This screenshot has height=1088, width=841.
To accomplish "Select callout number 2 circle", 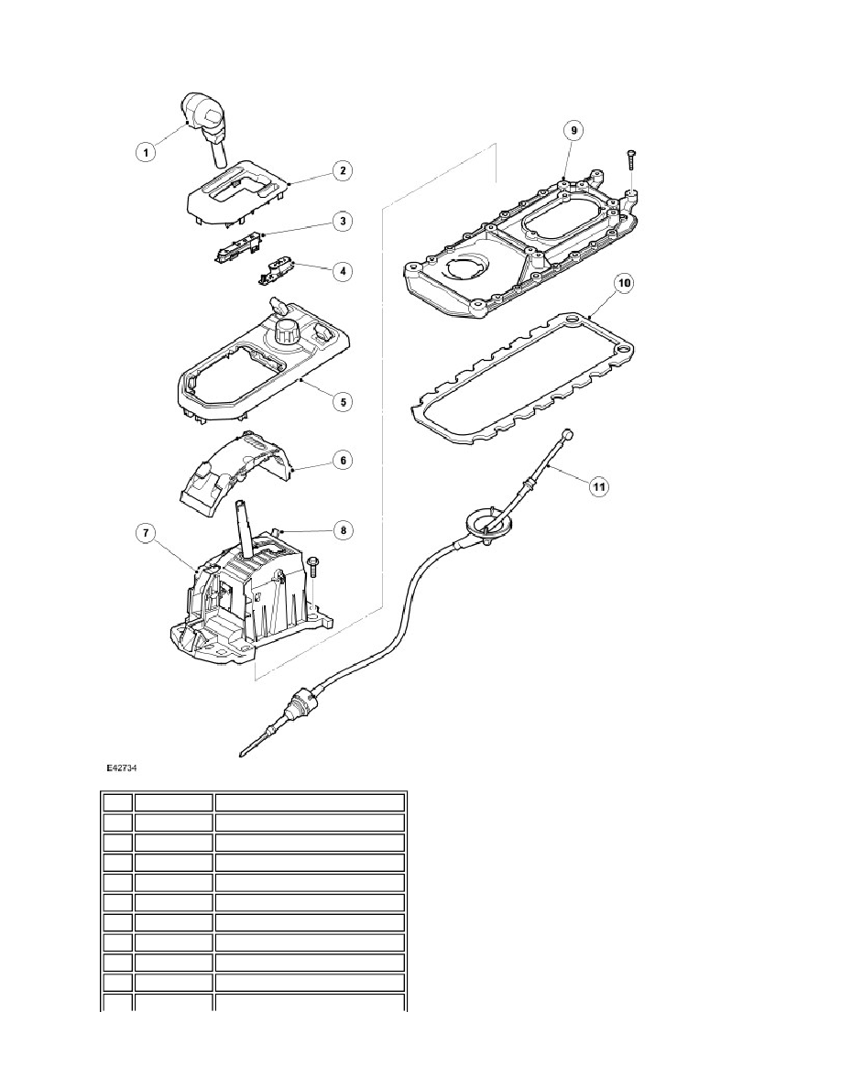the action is tap(342, 170).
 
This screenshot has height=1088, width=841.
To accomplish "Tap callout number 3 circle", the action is tap(342, 222).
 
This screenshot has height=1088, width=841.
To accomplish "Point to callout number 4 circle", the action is tap(342, 271).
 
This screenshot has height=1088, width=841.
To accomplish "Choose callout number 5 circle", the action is tap(342, 401).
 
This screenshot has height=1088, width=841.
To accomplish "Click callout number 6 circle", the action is tap(342, 460).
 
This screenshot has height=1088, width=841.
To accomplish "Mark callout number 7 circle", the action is tap(145, 533).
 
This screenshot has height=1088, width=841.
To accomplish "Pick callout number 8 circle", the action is tap(343, 531).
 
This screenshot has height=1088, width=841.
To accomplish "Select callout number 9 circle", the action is tap(573, 130).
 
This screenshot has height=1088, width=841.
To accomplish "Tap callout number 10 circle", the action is tap(624, 283).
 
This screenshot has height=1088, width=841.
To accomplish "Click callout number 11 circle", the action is tap(599, 487).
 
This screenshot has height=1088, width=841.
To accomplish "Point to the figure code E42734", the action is tap(121, 768).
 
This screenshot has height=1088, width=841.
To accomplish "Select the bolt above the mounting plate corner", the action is tap(630, 159).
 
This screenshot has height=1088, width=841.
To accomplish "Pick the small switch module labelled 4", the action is tap(276, 270).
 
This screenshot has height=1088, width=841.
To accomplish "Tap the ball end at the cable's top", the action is tap(568, 435).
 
